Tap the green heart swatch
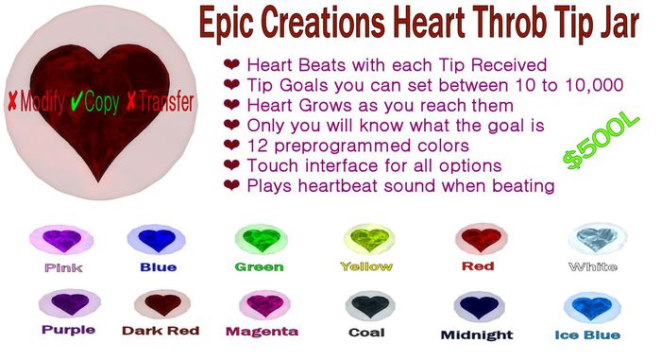(259, 240)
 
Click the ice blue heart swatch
(588, 306)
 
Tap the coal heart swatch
(366, 306)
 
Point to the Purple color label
(68, 330)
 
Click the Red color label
(478, 266)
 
